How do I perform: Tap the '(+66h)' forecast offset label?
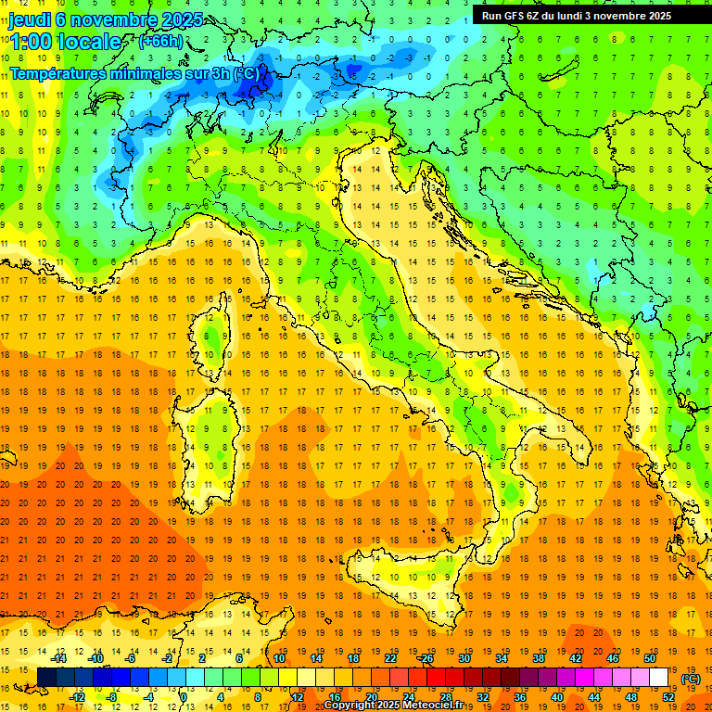(160, 41)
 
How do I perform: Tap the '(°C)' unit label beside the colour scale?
(689, 678)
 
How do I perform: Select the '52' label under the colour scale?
(667, 696)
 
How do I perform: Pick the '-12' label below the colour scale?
(77, 696)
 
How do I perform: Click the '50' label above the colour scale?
(649, 657)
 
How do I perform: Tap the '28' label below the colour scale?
(445, 696)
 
